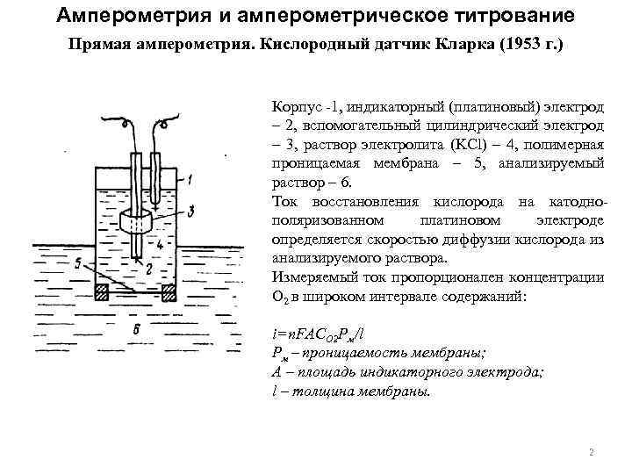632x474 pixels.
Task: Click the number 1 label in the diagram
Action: tap(190, 180)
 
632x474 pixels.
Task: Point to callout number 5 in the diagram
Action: tap(79, 262)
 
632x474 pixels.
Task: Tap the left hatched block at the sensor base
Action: tap(104, 291)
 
